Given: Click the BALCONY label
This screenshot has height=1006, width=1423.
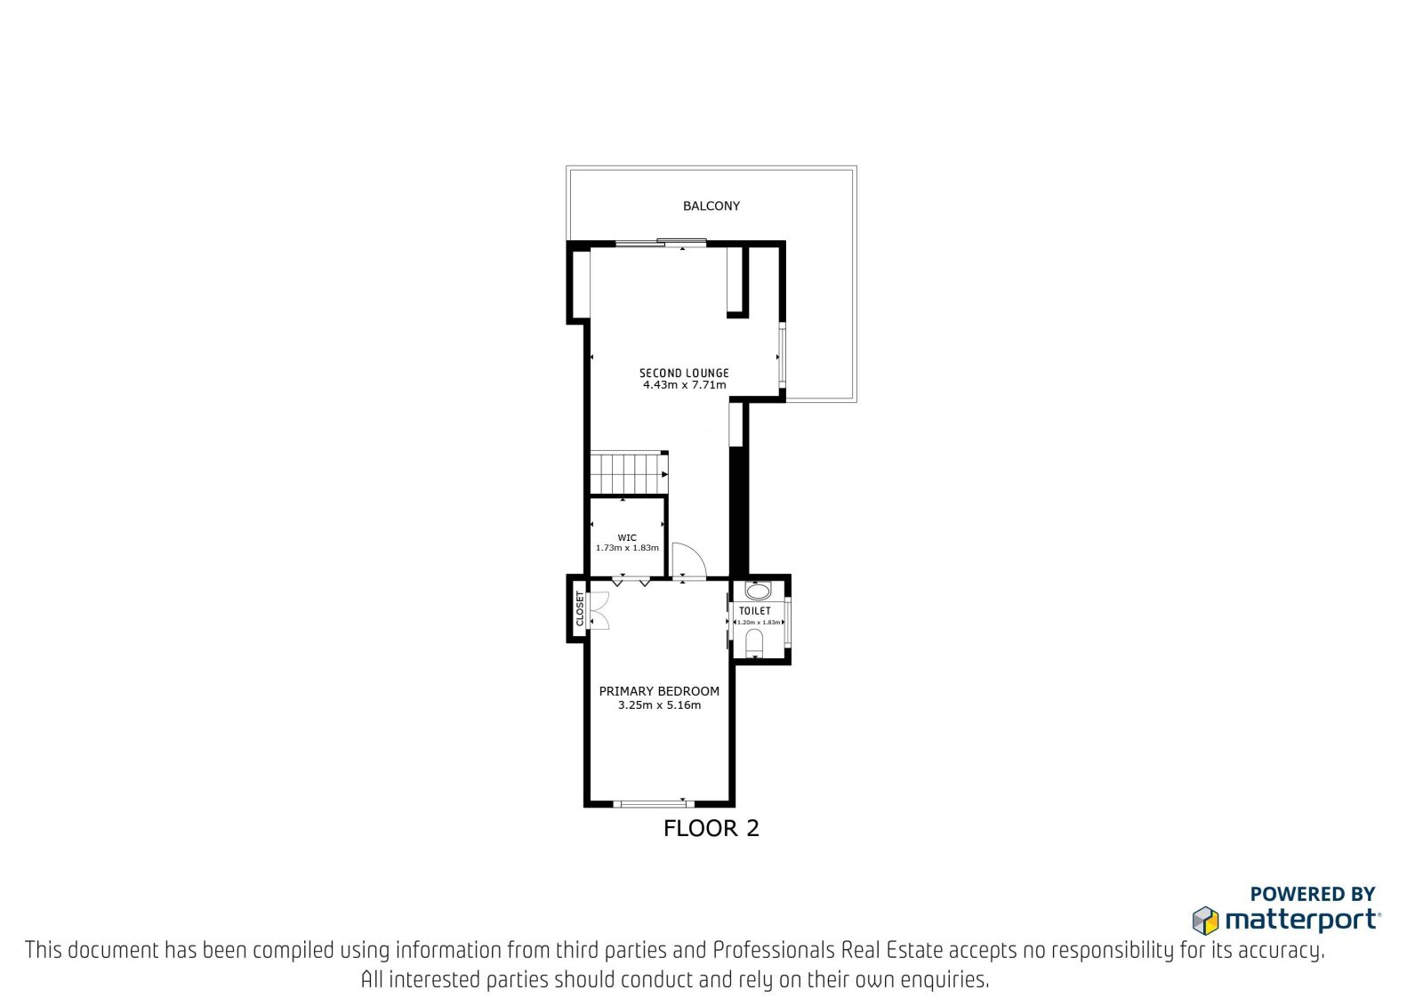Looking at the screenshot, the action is pos(711,205).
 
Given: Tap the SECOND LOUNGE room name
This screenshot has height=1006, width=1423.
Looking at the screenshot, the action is pos(684,373).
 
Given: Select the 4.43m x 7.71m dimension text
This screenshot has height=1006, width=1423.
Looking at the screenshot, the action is pos(684,384).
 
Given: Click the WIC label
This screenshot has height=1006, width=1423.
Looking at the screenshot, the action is pos(627,537).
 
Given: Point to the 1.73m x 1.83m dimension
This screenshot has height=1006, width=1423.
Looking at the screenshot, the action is pos(627,548).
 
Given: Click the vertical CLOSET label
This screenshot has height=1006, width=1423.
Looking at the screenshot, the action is pos(579,608).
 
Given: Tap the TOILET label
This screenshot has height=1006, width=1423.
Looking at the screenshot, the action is pos(755,611).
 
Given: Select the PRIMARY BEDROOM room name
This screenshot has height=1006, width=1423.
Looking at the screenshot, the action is pos(659,691).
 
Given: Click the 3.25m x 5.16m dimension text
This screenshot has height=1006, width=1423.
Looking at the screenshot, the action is pos(659,704).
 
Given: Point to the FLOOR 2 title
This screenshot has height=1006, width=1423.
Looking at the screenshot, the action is pos(711,828).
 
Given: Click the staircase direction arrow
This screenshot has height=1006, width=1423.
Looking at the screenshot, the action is pos(663,474).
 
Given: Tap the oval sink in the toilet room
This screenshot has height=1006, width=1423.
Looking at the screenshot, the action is pos(757,592).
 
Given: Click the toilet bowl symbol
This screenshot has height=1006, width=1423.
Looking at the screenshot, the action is pos(754,642).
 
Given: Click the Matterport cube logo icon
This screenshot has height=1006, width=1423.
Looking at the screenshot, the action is pos(1205,921).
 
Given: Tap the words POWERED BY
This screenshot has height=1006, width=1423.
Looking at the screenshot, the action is pos(1313,894).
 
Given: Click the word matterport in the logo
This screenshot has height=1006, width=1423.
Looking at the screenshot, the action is pos(1302,921).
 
